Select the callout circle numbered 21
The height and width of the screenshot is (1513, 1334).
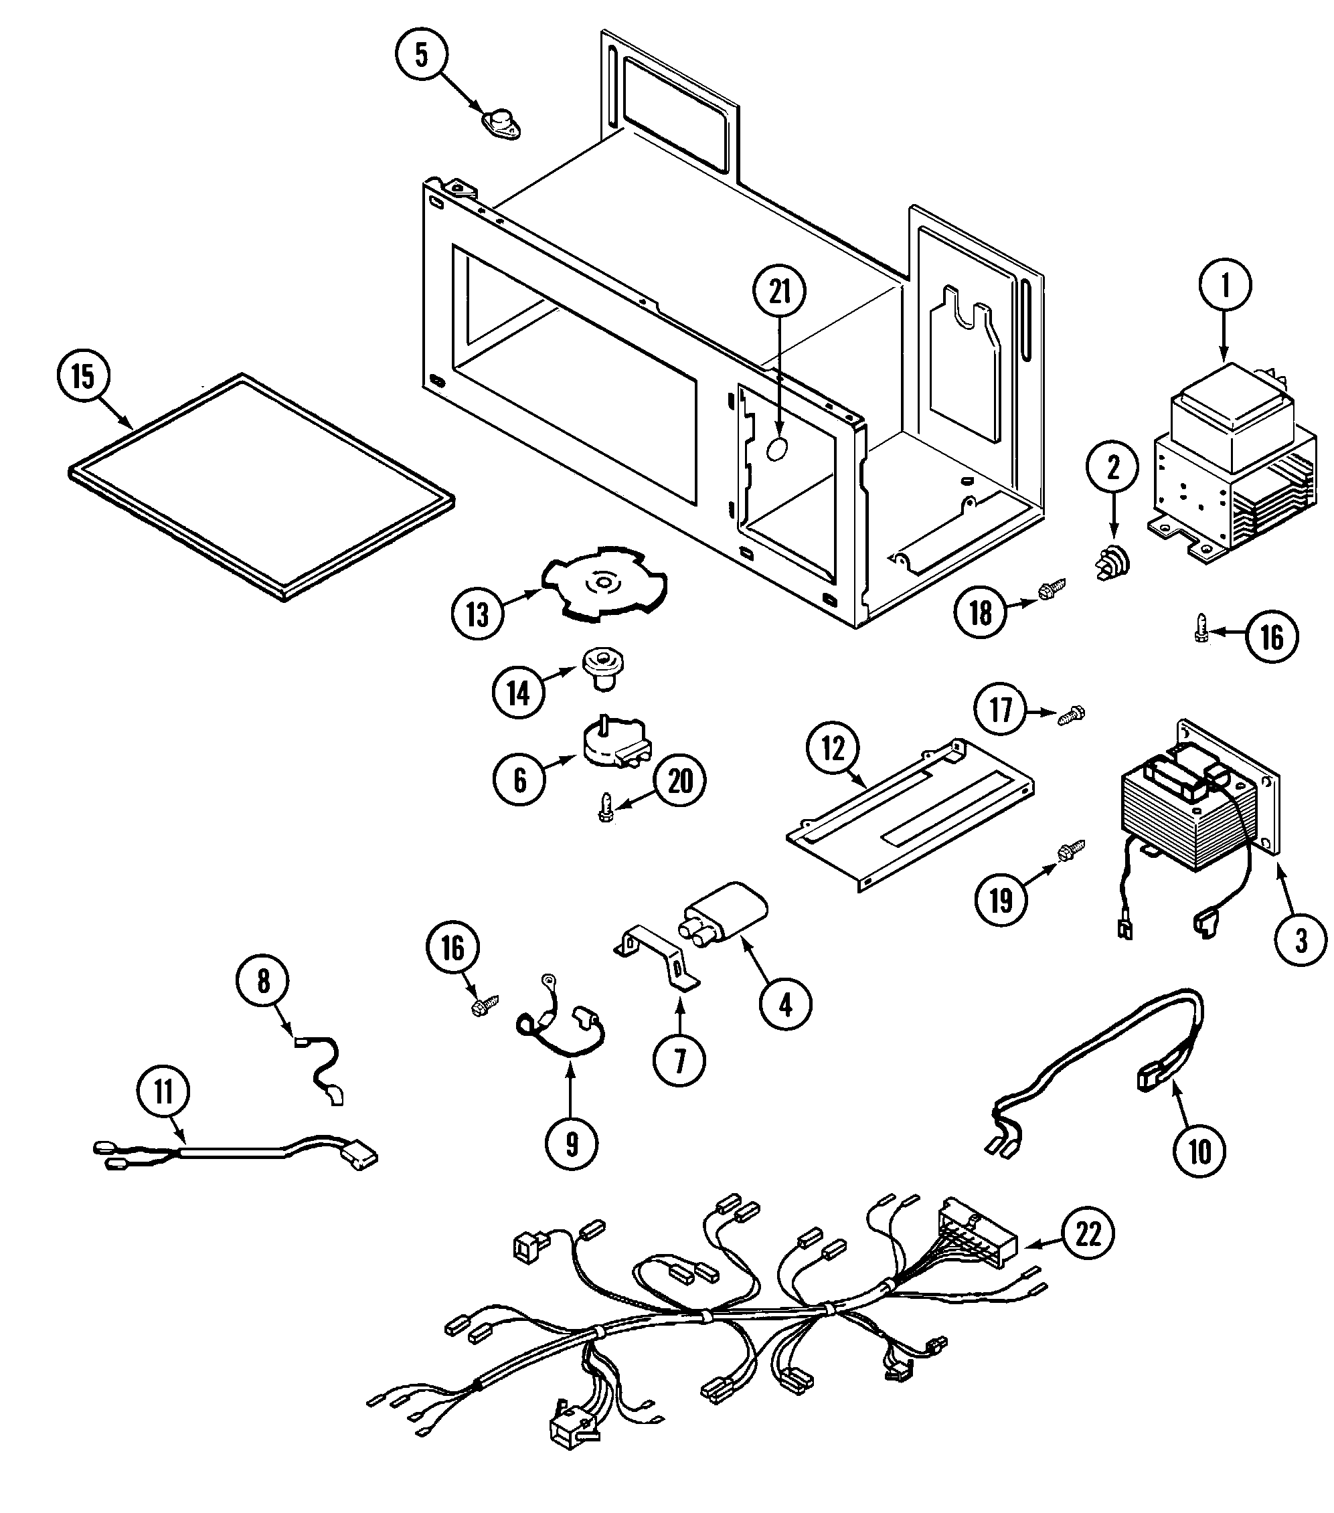tap(780, 292)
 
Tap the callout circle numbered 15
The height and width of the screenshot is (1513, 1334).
tap(82, 376)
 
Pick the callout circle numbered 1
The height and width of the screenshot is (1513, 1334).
tap(1224, 285)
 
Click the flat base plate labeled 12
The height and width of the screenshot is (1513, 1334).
tap(910, 814)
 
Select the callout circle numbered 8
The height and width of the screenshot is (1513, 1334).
tap(264, 981)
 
